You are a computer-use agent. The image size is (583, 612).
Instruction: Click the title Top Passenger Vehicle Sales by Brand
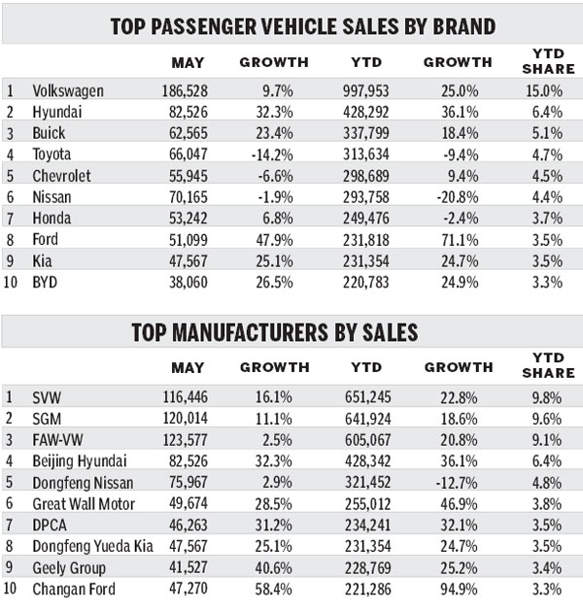(x=291, y=25)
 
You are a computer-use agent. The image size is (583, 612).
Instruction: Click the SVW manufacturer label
(x=48, y=396)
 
